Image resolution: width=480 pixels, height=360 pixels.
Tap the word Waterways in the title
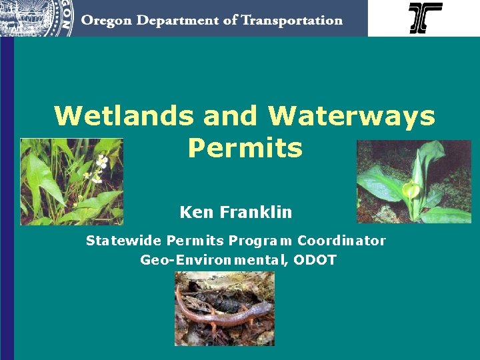click(351, 116)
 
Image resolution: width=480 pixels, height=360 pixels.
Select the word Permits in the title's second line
click(245, 148)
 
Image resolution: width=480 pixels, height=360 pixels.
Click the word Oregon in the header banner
click(107, 20)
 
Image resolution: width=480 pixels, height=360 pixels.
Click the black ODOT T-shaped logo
click(425, 18)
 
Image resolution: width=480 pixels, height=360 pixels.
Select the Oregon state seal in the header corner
click(37, 17)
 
